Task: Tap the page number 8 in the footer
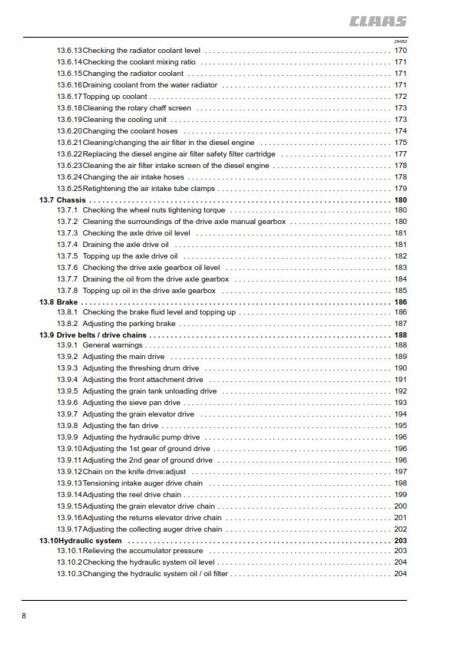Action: [24, 615]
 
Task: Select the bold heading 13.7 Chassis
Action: [62, 200]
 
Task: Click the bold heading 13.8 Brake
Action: [58, 302]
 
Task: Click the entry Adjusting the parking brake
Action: [129, 324]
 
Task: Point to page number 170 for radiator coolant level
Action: [400, 51]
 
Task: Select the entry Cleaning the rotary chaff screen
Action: [137, 108]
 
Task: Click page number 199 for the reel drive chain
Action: [400, 495]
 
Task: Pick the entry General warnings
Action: [113, 345]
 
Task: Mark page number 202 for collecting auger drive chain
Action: [400, 529]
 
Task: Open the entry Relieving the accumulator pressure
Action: [143, 551]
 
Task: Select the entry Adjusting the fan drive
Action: [121, 426]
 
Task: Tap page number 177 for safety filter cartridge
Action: [400, 154]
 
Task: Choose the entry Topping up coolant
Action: [115, 97]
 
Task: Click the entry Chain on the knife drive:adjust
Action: [134, 472]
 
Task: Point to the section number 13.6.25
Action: [69, 189]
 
